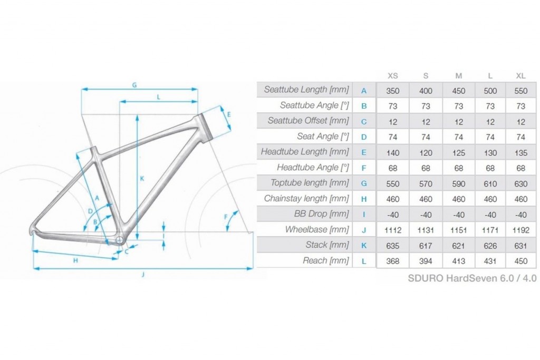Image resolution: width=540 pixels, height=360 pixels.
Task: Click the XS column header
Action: tap(392, 76)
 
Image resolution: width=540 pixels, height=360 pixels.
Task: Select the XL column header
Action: tap(520, 76)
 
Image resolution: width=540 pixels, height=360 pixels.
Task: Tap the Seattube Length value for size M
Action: tap(459, 91)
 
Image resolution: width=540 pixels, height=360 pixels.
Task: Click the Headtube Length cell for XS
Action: tap(392, 153)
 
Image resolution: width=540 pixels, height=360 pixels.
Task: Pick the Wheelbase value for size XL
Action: tap(520, 230)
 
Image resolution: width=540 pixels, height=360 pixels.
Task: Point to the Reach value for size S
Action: tap(426, 261)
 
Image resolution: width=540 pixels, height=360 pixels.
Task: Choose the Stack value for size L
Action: tap(490, 246)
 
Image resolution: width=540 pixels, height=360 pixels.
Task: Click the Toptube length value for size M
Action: tap(459, 184)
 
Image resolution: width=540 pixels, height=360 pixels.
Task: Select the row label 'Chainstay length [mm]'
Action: tap(306, 199)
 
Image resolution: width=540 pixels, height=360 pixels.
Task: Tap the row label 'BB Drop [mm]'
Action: tap(322, 213)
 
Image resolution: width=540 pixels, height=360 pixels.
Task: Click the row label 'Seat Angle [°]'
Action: tap(323, 137)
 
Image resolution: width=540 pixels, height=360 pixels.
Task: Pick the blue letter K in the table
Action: tap(364, 246)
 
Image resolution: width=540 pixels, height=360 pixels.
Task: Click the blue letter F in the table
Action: tap(364, 168)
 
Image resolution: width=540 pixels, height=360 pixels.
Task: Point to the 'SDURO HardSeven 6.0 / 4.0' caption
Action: tap(472, 278)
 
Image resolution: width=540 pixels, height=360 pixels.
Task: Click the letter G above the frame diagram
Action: tap(134, 85)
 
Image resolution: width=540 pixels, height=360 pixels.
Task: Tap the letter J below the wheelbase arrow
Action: tap(143, 274)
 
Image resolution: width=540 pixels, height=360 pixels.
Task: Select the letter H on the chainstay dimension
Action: tap(75, 260)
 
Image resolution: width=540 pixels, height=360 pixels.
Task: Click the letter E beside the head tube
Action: tap(229, 114)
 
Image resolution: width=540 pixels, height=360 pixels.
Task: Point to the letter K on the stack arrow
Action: tap(142, 179)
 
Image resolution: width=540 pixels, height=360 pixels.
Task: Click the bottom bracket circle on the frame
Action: tap(119, 240)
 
